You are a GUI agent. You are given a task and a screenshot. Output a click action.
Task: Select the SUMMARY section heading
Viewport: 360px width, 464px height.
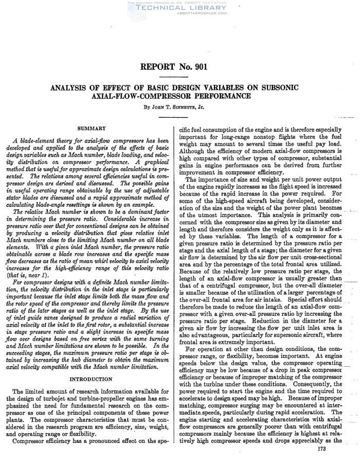tap(91, 128)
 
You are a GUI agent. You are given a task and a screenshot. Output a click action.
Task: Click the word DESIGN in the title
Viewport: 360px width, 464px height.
tap(183, 87)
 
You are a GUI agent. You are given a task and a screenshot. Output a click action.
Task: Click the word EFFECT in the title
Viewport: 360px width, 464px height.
tap(114, 87)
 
